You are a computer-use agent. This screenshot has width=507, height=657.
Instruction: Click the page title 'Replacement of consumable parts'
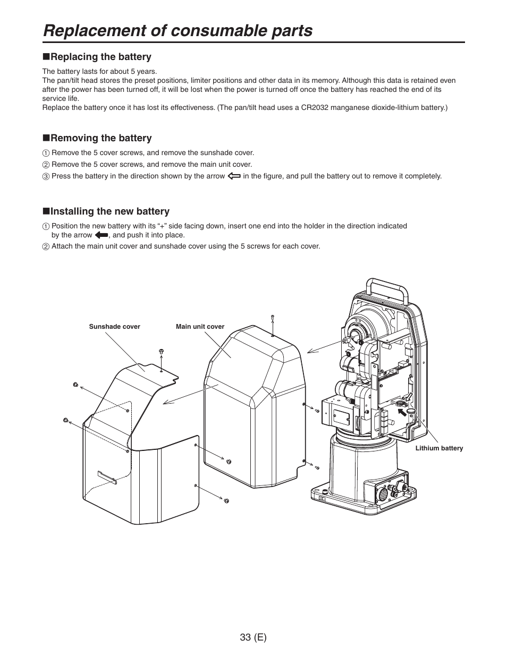pyautogui.click(x=178, y=31)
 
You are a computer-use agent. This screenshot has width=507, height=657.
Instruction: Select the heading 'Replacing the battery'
pyautogui.click(x=100, y=57)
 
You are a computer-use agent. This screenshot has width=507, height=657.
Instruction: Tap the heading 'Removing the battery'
pyautogui.click(x=101, y=138)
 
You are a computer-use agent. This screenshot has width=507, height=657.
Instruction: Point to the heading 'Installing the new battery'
pyautogui.click(x=109, y=211)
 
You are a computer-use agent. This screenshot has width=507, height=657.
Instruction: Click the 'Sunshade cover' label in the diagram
pyautogui.click(x=114, y=327)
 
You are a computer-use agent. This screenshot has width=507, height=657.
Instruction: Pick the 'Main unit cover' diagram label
pyautogui.click(x=200, y=327)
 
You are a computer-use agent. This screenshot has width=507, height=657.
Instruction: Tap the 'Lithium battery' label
pyautogui.click(x=439, y=448)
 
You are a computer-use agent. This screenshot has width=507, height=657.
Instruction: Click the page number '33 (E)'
pyautogui.click(x=253, y=637)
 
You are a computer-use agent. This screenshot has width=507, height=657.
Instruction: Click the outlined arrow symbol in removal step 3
pyautogui.click(x=234, y=176)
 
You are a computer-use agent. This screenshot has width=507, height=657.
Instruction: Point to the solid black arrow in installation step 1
pyautogui.click(x=102, y=235)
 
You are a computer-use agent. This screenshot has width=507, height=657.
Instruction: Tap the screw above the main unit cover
pyautogui.click(x=272, y=318)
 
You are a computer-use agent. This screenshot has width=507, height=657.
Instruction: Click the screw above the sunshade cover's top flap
pyautogui.click(x=161, y=352)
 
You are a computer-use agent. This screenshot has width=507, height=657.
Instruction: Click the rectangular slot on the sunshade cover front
pyautogui.click(x=107, y=477)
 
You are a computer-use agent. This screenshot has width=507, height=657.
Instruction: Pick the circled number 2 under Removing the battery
pyautogui.click(x=46, y=165)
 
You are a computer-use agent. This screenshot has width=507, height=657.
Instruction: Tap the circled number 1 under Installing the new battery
pyautogui.click(x=46, y=226)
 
